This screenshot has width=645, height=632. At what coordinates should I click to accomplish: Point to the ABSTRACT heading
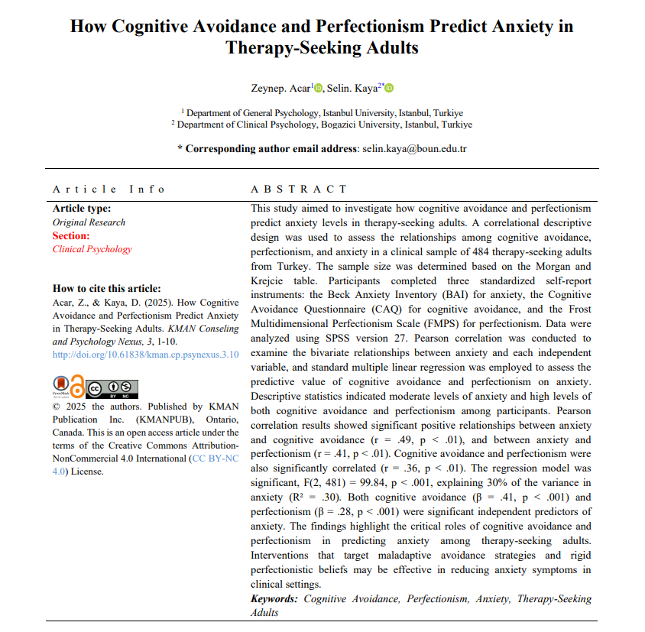tap(299, 189)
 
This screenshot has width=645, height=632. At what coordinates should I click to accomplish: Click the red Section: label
tap(71, 235)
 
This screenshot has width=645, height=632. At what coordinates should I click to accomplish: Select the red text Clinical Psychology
tap(92, 248)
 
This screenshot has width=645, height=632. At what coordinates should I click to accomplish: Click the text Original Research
tap(89, 222)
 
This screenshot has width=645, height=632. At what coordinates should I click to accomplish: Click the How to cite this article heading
tap(106, 288)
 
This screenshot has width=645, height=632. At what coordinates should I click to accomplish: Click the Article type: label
tap(82, 209)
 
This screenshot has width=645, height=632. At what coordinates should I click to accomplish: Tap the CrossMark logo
tap(60, 386)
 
